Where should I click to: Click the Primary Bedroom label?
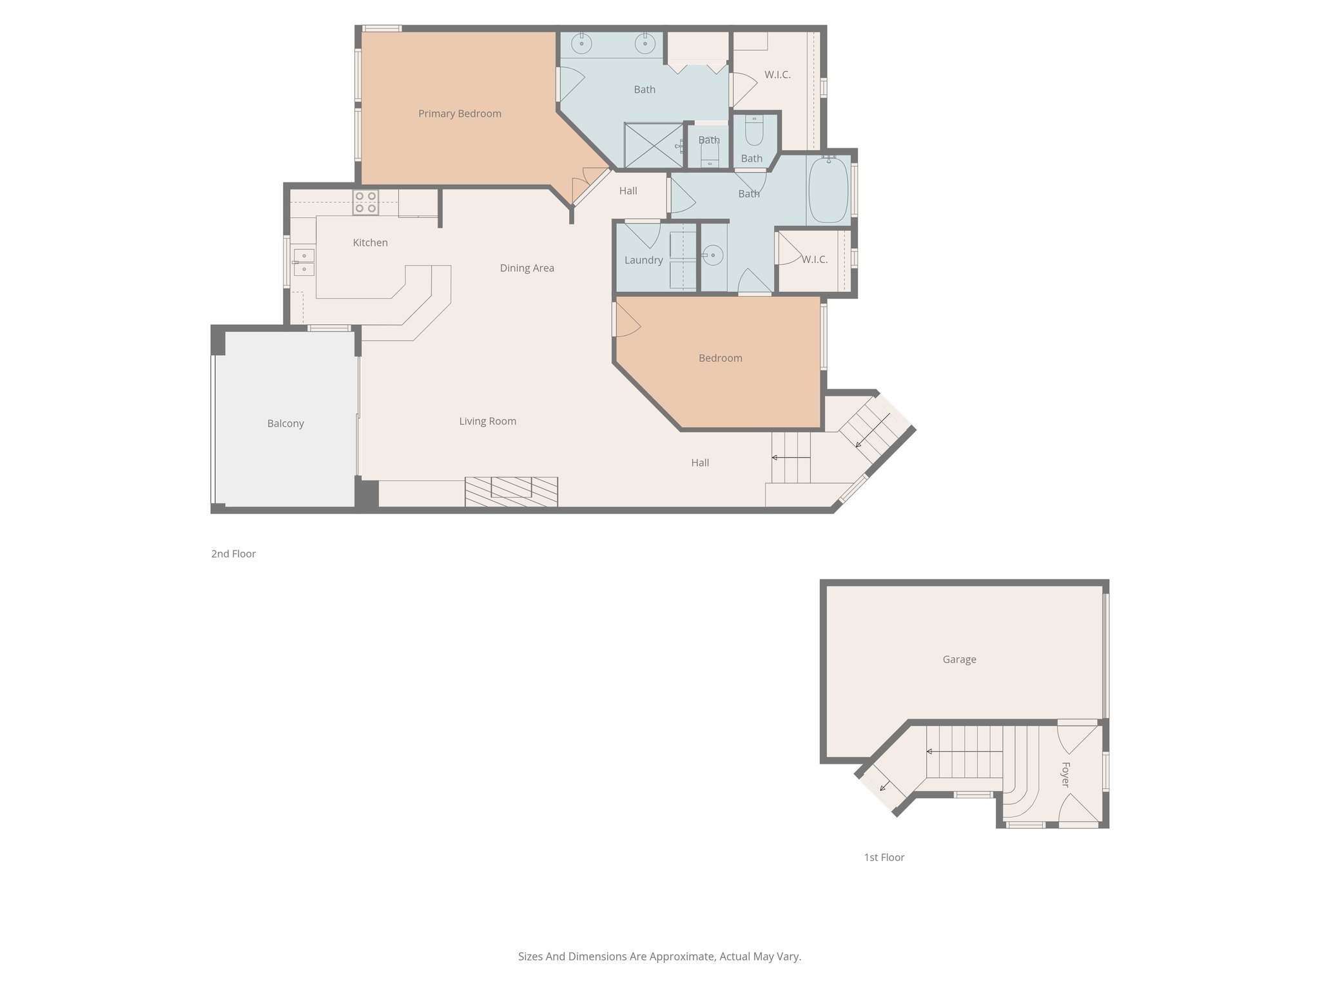460,114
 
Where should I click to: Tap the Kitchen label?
370,243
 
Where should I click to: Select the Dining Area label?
527,268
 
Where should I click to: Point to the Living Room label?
487,422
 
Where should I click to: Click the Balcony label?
286,423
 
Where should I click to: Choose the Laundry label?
643,260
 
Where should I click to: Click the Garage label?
959,659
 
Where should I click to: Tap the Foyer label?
1065,775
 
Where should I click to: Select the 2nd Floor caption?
233,554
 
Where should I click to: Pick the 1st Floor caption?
884,857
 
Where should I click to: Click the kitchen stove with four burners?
365,202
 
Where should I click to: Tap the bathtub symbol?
828,190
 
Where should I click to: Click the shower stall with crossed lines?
653,145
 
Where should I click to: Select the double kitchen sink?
304,262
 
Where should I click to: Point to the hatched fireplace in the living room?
511,491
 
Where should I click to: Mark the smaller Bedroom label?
720,358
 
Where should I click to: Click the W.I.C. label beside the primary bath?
777,75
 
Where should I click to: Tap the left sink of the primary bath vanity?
582,44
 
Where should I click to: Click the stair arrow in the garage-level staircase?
963,752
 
